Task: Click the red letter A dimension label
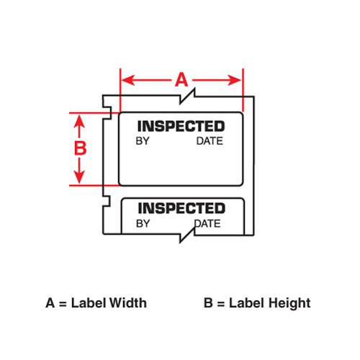(181, 80)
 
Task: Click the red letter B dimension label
(80, 148)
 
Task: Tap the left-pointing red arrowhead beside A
(128, 80)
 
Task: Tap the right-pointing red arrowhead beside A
(235, 80)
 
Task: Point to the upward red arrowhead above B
(79, 121)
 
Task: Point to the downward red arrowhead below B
(79, 177)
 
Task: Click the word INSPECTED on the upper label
(181, 126)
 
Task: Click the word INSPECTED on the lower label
(181, 208)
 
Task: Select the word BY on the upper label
(143, 141)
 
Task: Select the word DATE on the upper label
(210, 141)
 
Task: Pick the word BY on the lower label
(143, 223)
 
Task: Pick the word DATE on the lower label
(207, 223)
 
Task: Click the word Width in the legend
(127, 302)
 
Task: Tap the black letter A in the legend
(50, 303)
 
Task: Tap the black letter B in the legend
(208, 303)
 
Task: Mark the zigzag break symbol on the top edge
(187, 96)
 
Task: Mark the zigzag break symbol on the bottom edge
(187, 235)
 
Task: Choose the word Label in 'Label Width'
(89, 302)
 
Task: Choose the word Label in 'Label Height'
(246, 302)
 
